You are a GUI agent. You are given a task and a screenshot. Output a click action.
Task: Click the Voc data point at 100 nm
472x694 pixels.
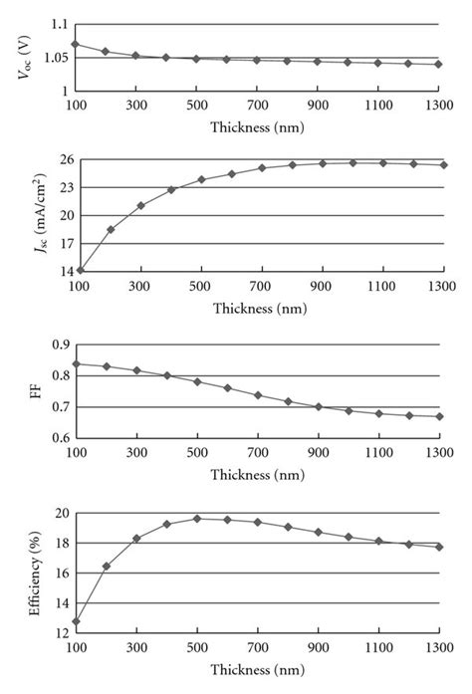76,44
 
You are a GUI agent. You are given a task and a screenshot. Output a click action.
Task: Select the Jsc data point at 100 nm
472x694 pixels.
79,270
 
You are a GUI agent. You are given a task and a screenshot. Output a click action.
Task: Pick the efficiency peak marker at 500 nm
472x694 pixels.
197,518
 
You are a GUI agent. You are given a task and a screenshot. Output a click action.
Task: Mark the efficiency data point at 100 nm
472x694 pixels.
76,621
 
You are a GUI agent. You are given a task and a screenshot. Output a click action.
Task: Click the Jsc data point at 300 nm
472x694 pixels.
140,205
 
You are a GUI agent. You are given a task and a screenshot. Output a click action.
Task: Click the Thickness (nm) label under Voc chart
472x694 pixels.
258,127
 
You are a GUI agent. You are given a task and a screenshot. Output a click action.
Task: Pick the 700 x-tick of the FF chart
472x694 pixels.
259,454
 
